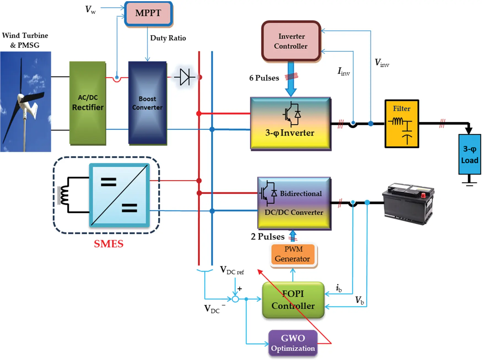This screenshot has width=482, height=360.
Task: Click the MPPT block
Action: [148, 14]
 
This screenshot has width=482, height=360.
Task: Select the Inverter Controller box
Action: [291, 41]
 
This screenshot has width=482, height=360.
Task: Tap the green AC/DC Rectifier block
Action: [88, 103]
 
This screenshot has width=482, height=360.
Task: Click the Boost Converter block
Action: [147, 103]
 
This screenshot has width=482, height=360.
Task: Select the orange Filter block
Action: [402, 124]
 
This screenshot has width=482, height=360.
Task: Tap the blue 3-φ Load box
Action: [469, 154]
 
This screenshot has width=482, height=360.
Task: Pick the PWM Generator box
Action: [293, 254]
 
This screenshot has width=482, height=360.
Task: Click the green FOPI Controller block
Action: [293, 300]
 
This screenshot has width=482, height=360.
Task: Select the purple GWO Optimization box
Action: [293, 343]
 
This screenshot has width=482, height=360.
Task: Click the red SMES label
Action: [109, 244]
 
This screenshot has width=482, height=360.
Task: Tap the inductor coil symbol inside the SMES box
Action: [64, 195]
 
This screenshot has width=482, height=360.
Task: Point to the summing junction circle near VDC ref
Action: [235, 299]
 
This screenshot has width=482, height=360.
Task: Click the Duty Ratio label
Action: [168, 38]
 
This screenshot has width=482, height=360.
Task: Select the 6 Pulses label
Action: [264, 78]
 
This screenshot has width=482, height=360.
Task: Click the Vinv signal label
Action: [382, 63]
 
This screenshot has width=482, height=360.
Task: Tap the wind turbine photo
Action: [25, 101]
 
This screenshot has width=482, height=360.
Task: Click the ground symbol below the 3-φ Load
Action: [469, 183]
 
